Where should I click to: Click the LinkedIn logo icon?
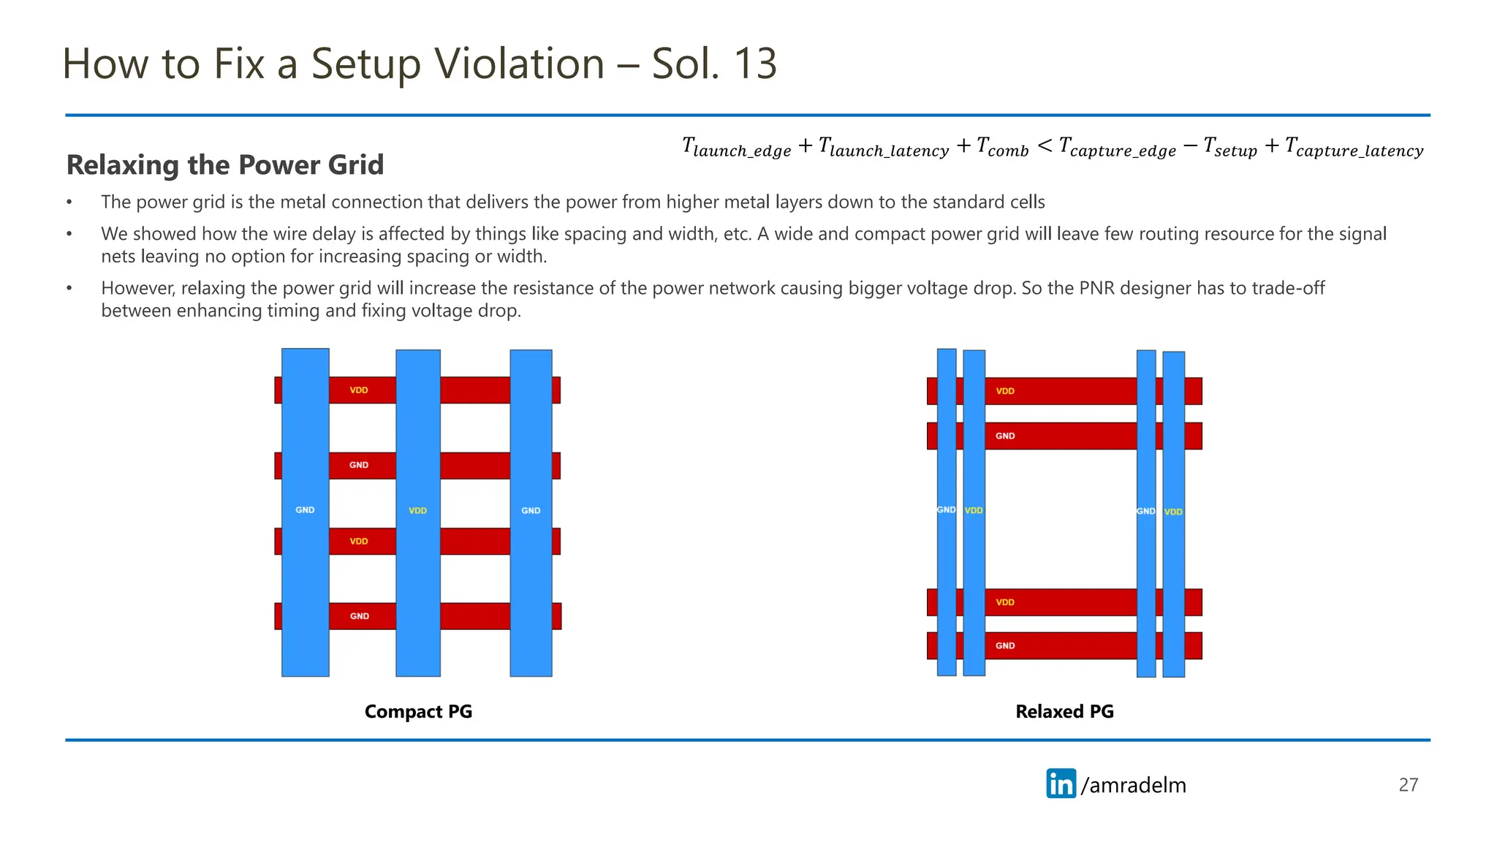tap(1061, 784)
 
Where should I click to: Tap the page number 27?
tap(1408, 784)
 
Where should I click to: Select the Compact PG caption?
tap(418, 711)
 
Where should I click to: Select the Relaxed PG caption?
tap(1064, 711)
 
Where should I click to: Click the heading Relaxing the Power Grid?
tap(225, 165)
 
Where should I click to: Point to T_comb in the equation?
tap(1002, 148)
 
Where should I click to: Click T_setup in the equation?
tap(1229, 148)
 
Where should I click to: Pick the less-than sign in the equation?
tap(1045, 146)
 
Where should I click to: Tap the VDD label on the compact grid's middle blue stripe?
tap(417, 511)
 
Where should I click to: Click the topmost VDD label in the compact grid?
tap(359, 390)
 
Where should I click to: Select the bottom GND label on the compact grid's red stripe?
tap(359, 616)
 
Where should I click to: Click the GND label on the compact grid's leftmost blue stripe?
tap(305, 510)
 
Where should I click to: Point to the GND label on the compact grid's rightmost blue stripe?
tap(531, 511)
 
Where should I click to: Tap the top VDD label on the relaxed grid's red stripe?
tap(1005, 391)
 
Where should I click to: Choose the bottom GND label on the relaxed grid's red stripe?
tap(1005, 645)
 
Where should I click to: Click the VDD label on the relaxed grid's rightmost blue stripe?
tap(1173, 512)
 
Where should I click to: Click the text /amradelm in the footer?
tap(1134, 785)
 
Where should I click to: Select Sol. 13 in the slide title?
tap(714, 64)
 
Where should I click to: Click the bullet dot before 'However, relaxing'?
tap(69, 288)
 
